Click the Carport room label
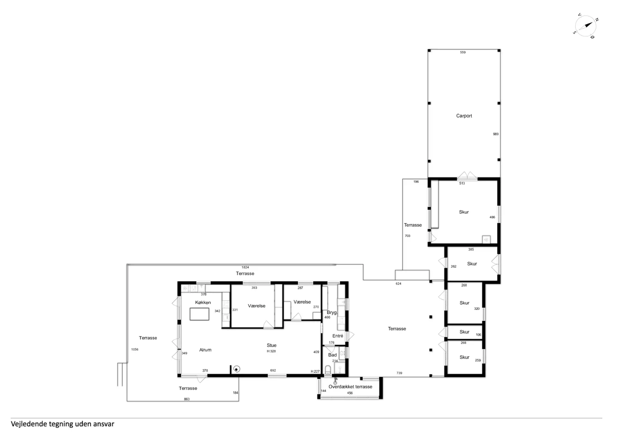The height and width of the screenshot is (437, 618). click(x=464, y=116)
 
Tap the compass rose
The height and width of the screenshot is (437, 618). click(x=585, y=26)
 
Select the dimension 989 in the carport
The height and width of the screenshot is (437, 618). click(x=496, y=134)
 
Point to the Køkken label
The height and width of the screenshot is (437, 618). click(x=203, y=302)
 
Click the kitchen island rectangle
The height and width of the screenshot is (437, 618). click(x=199, y=314)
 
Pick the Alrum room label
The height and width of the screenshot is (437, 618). click(x=205, y=350)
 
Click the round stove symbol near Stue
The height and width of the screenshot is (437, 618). click(x=237, y=369)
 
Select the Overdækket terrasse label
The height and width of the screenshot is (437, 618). click(x=350, y=386)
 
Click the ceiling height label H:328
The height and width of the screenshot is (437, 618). click(x=271, y=351)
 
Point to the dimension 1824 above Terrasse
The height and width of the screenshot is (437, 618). click(x=245, y=267)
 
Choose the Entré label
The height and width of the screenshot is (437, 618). click(x=338, y=336)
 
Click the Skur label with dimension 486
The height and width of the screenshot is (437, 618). click(x=464, y=212)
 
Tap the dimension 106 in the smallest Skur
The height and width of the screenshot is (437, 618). click(x=478, y=335)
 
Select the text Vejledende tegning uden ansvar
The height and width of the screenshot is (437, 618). click(x=62, y=424)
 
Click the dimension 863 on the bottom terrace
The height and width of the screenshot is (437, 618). click(x=187, y=399)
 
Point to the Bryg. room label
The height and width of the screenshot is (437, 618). click(x=332, y=312)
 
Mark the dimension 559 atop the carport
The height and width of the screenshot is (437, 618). click(x=463, y=52)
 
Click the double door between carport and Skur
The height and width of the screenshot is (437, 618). click(x=467, y=176)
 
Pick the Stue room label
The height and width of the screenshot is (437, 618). click(x=271, y=345)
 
